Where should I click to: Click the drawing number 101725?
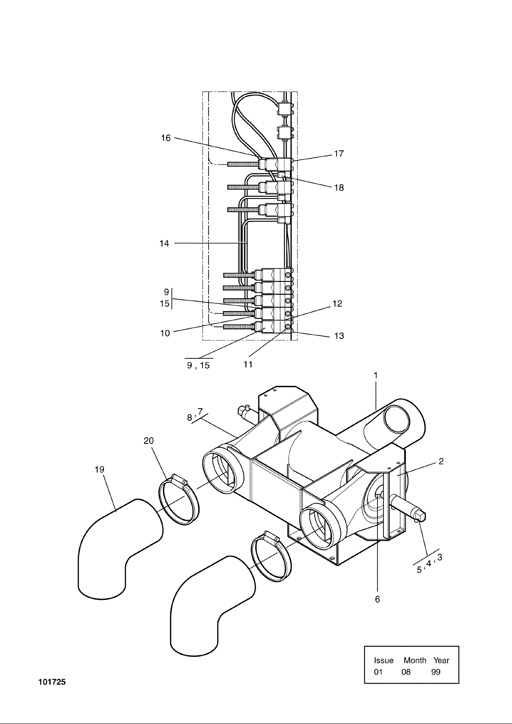click(52, 682)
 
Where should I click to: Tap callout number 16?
click(166, 138)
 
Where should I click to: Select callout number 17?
click(339, 154)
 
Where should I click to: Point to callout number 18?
click(339, 188)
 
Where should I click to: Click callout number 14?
click(164, 243)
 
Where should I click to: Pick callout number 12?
click(337, 304)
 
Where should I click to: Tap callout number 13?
click(339, 336)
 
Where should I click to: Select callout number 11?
click(248, 365)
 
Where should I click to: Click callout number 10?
click(165, 333)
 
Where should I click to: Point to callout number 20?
click(149, 441)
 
